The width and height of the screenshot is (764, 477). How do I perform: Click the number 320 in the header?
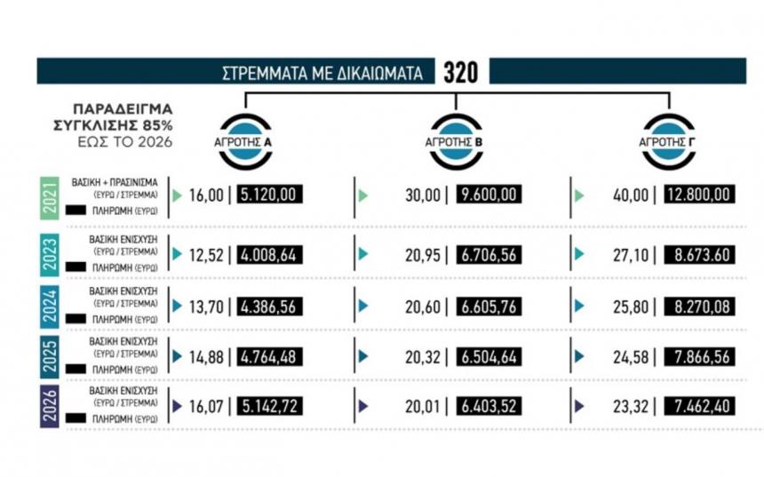pos(460,72)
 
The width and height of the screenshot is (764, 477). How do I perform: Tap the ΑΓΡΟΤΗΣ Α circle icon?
pos(246,140)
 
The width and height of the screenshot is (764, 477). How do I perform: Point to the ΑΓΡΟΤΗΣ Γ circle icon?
pos(669,140)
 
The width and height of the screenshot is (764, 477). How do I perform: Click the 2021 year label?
pos(51,195)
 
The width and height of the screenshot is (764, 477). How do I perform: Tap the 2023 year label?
pos(51,254)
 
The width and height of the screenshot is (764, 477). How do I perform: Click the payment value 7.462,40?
pos(696,407)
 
